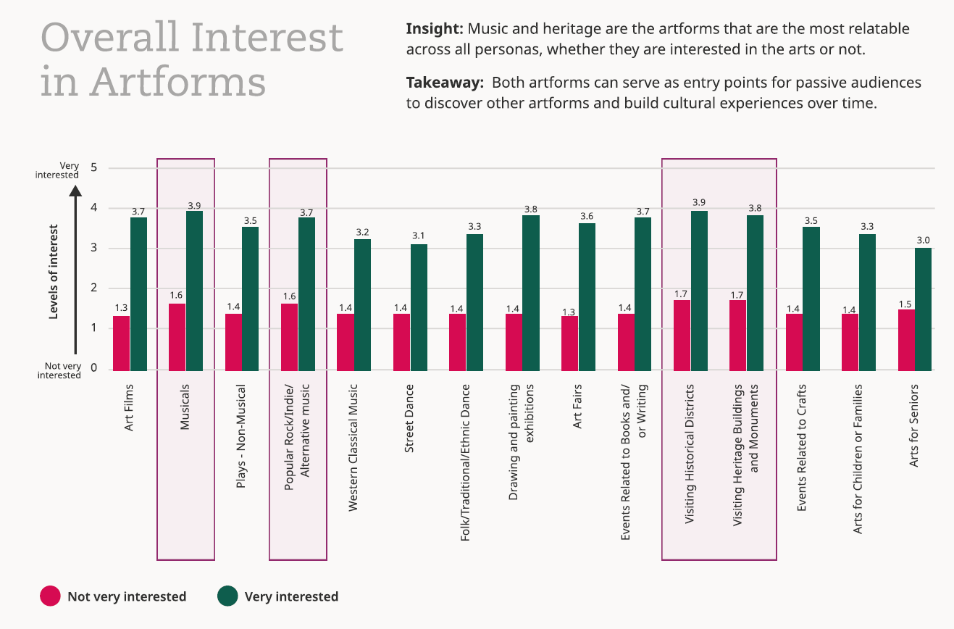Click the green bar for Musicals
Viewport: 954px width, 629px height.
194,291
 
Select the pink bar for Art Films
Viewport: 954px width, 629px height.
121,343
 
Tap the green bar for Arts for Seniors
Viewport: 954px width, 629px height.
923,309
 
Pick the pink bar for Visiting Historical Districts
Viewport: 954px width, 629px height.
682,335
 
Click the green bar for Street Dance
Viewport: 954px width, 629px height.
419,307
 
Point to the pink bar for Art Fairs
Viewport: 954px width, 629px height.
569,343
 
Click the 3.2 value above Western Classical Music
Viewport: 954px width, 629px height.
363,232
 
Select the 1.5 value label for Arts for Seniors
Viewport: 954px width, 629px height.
905,303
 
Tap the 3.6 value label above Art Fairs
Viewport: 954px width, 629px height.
587,216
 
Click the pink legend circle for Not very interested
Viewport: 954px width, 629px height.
50,596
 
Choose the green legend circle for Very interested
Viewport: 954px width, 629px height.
227,596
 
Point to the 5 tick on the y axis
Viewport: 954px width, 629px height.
93,168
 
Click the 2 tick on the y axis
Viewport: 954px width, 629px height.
93,288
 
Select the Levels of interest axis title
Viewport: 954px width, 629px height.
54,271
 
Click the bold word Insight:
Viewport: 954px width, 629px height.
434,30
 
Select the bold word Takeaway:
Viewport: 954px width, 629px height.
444,82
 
